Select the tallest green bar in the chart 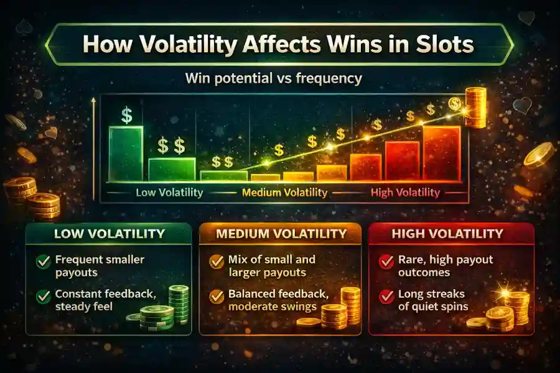tap(126, 153)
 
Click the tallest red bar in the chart tap(442, 153)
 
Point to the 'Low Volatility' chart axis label tap(169, 193)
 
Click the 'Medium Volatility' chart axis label tap(284, 193)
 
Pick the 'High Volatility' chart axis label tap(405, 193)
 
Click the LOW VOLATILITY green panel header tap(110, 234)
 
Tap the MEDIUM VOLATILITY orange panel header tap(280, 234)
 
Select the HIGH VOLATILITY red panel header tap(451, 234)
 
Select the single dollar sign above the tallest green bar tap(127, 115)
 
